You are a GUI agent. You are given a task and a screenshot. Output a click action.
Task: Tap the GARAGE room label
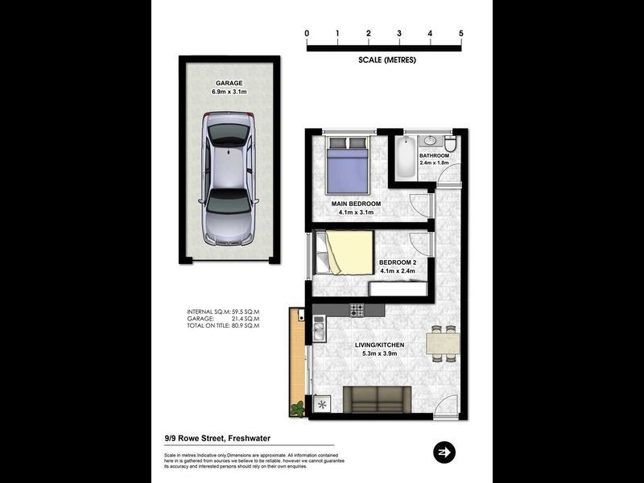tap(228, 83)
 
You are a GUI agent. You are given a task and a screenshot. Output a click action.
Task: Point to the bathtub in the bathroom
tap(404, 159)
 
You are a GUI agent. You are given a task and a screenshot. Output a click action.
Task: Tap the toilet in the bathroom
tap(452, 143)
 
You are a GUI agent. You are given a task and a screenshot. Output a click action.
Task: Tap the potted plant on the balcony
tap(298, 409)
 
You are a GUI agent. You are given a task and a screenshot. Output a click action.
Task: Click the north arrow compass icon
tap(444, 452)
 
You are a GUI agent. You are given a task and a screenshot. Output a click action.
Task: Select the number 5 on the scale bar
tap(461, 33)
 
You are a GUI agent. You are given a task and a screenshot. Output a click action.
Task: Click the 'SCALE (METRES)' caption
tap(387, 60)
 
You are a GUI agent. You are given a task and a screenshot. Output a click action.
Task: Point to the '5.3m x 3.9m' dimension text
tap(380, 353)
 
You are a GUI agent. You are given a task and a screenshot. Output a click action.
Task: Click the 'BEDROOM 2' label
tap(397, 263)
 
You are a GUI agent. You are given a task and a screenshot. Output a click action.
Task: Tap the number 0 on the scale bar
tap(307, 33)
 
